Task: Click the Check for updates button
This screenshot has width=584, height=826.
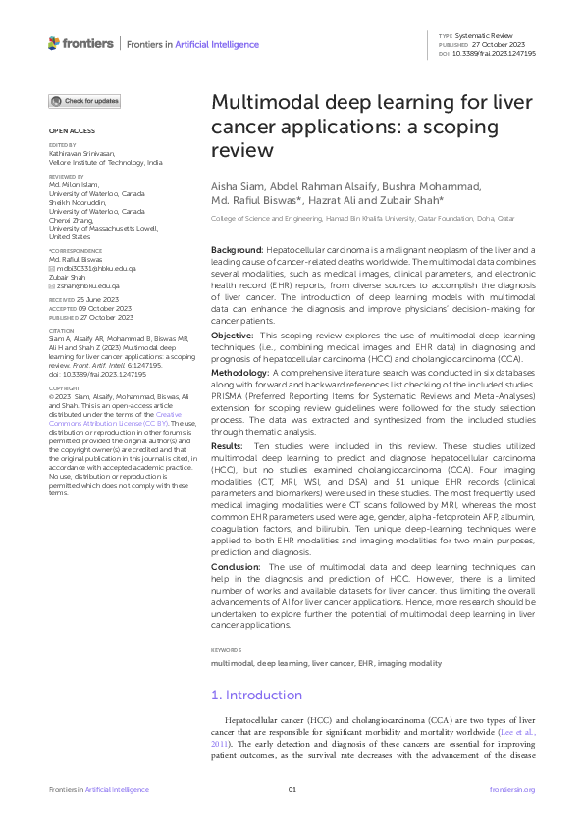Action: tap(85, 101)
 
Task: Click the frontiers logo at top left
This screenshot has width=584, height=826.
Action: tap(80, 43)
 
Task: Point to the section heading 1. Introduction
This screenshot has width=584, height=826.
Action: tap(257, 695)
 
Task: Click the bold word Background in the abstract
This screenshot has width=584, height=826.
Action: tap(236, 252)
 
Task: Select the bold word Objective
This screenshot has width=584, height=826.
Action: tap(233, 336)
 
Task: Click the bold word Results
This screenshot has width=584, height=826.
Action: tap(229, 444)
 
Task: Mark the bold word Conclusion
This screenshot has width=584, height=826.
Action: tap(236, 567)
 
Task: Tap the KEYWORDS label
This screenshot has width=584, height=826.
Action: tap(227, 650)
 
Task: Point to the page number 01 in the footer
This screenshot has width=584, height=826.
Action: tap(292, 790)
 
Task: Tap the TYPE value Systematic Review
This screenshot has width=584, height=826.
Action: tap(492, 35)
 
